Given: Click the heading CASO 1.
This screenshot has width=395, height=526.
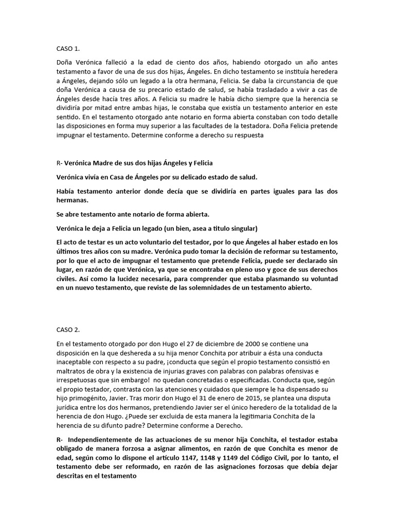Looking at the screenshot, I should click(68, 49).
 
